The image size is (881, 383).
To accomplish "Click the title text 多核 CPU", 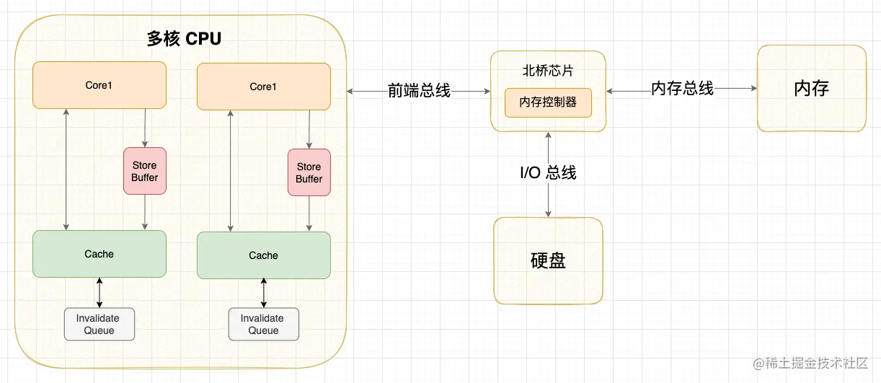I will click(x=184, y=39).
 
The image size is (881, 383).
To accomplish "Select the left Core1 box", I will click(x=99, y=85).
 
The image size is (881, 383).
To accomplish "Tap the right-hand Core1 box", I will click(x=264, y=87).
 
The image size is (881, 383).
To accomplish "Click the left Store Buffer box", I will click(x=145, y=172).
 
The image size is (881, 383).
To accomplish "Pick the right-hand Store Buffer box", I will click(x=309, y=173).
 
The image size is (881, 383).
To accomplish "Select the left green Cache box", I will click(x=99, y=254).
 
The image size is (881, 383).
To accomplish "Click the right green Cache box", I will click(x=264, y=255).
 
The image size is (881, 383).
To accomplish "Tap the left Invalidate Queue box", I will click(x=99, y=324).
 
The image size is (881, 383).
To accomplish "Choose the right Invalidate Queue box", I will click(x=264, y=325).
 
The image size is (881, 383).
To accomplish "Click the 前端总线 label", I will click(x=419, y=91).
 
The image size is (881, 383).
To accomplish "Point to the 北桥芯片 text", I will click(x=547, y=71).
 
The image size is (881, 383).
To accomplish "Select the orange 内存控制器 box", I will click(x=548, y=102).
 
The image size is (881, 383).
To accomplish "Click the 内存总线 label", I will click(x=682, y=89).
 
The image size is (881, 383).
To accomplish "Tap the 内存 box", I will click(x=811, y=89).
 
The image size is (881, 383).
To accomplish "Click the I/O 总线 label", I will click(x=549, y=173).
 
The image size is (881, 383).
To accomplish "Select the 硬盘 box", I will click(x=548, y=260).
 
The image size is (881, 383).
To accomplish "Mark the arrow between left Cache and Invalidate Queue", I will click(x=99, y=293).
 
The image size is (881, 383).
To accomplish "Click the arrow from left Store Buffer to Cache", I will click(x=145, y=213).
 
